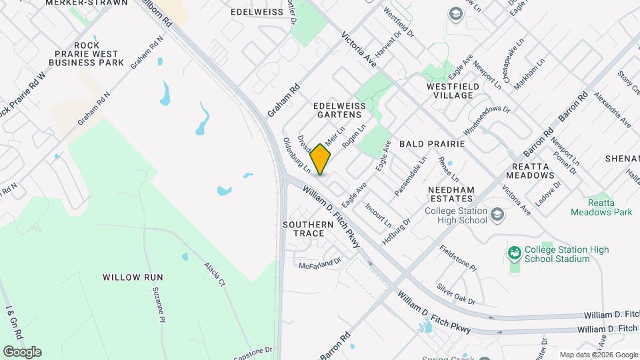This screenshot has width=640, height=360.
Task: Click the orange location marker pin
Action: pos(321,159)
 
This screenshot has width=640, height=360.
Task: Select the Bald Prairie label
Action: pos(427,143)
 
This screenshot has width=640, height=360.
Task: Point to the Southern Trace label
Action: pos(307,229)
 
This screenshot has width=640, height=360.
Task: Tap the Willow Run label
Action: pos(133,277)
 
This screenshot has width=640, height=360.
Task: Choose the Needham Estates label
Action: pos(451,194)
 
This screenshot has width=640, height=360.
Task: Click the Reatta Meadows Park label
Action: pos(601,207)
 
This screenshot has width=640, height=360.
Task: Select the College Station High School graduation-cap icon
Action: pos(497,215)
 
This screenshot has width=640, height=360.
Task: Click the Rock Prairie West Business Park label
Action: pos(87,58)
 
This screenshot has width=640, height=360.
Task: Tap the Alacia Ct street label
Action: pos(213,275)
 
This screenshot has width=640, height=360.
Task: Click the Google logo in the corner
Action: pos(22,351)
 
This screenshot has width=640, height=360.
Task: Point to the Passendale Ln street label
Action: pos(410,177)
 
